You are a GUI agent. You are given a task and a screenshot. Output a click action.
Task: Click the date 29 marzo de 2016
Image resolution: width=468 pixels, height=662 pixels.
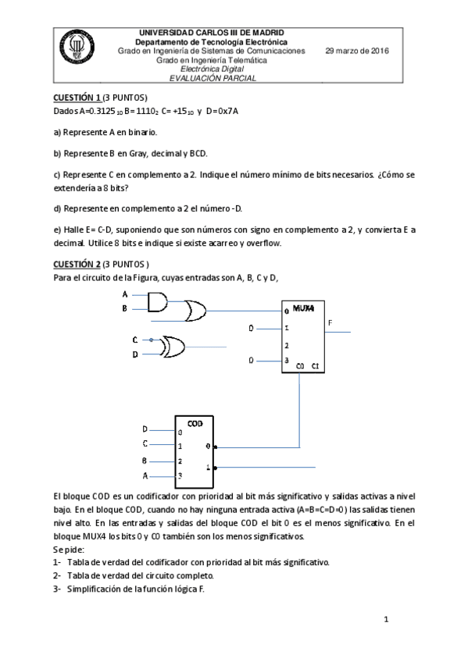(x=357, y=51)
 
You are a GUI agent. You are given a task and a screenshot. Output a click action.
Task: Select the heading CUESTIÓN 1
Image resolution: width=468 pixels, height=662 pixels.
(x=77, y=98)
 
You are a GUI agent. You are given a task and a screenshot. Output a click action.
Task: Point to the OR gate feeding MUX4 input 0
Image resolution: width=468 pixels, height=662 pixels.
(x=192, y=312)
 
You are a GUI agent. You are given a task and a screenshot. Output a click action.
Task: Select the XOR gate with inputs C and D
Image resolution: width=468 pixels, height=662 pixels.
(x=171, y=347)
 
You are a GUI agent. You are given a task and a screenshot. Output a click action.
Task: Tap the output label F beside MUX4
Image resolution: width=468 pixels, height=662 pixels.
(x=330, y=322)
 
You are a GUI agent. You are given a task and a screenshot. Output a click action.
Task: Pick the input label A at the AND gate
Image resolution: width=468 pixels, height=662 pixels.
(x=125, y=294)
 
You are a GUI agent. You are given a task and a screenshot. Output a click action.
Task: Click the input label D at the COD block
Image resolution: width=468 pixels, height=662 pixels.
(x=145, y=429)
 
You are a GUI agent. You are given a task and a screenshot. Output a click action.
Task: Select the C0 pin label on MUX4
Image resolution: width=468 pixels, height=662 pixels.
(x=300, y=365)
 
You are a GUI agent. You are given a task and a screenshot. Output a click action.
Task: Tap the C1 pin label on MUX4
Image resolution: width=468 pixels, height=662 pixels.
(x=314, y=365)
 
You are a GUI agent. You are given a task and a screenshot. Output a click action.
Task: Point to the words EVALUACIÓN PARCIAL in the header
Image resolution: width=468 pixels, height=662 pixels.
(x=212, y=77)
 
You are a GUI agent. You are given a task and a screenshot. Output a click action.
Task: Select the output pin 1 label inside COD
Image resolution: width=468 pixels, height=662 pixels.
(x=207, y=467)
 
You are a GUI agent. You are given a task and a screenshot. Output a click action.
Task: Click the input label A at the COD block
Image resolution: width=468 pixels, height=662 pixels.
(x=145, y=475)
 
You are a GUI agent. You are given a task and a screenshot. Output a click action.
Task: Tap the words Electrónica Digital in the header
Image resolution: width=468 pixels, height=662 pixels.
(x=212, y=69)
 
